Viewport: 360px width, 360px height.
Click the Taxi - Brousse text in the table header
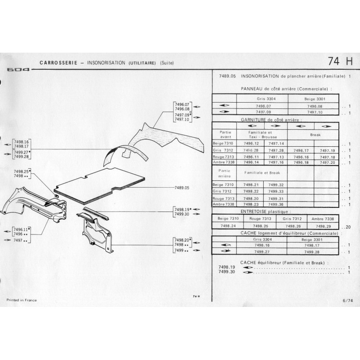click(x=262, y=136)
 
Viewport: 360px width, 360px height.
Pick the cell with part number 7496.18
click(x=301, y=162)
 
